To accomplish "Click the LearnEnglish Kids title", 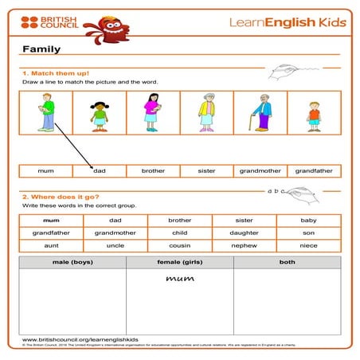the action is coord(288,22).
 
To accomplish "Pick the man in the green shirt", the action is coord(45,112).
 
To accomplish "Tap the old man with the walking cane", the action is coord(260,113).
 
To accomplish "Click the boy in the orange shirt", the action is coord(314,115).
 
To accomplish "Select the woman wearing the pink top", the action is coord(152,112).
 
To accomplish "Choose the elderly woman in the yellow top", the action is coord(207,112).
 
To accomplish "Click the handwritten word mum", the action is coord(179,279).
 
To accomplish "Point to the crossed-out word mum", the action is coord(50,220).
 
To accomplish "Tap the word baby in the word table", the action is coord(308,220).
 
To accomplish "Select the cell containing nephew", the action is coord(244,245).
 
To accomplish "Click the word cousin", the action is coord(179,245).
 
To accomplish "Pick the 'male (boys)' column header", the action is coord(72,261).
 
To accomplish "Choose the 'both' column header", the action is coord(287,261).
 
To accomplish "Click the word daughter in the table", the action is coord(244,233).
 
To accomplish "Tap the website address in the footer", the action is coord(76,338).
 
